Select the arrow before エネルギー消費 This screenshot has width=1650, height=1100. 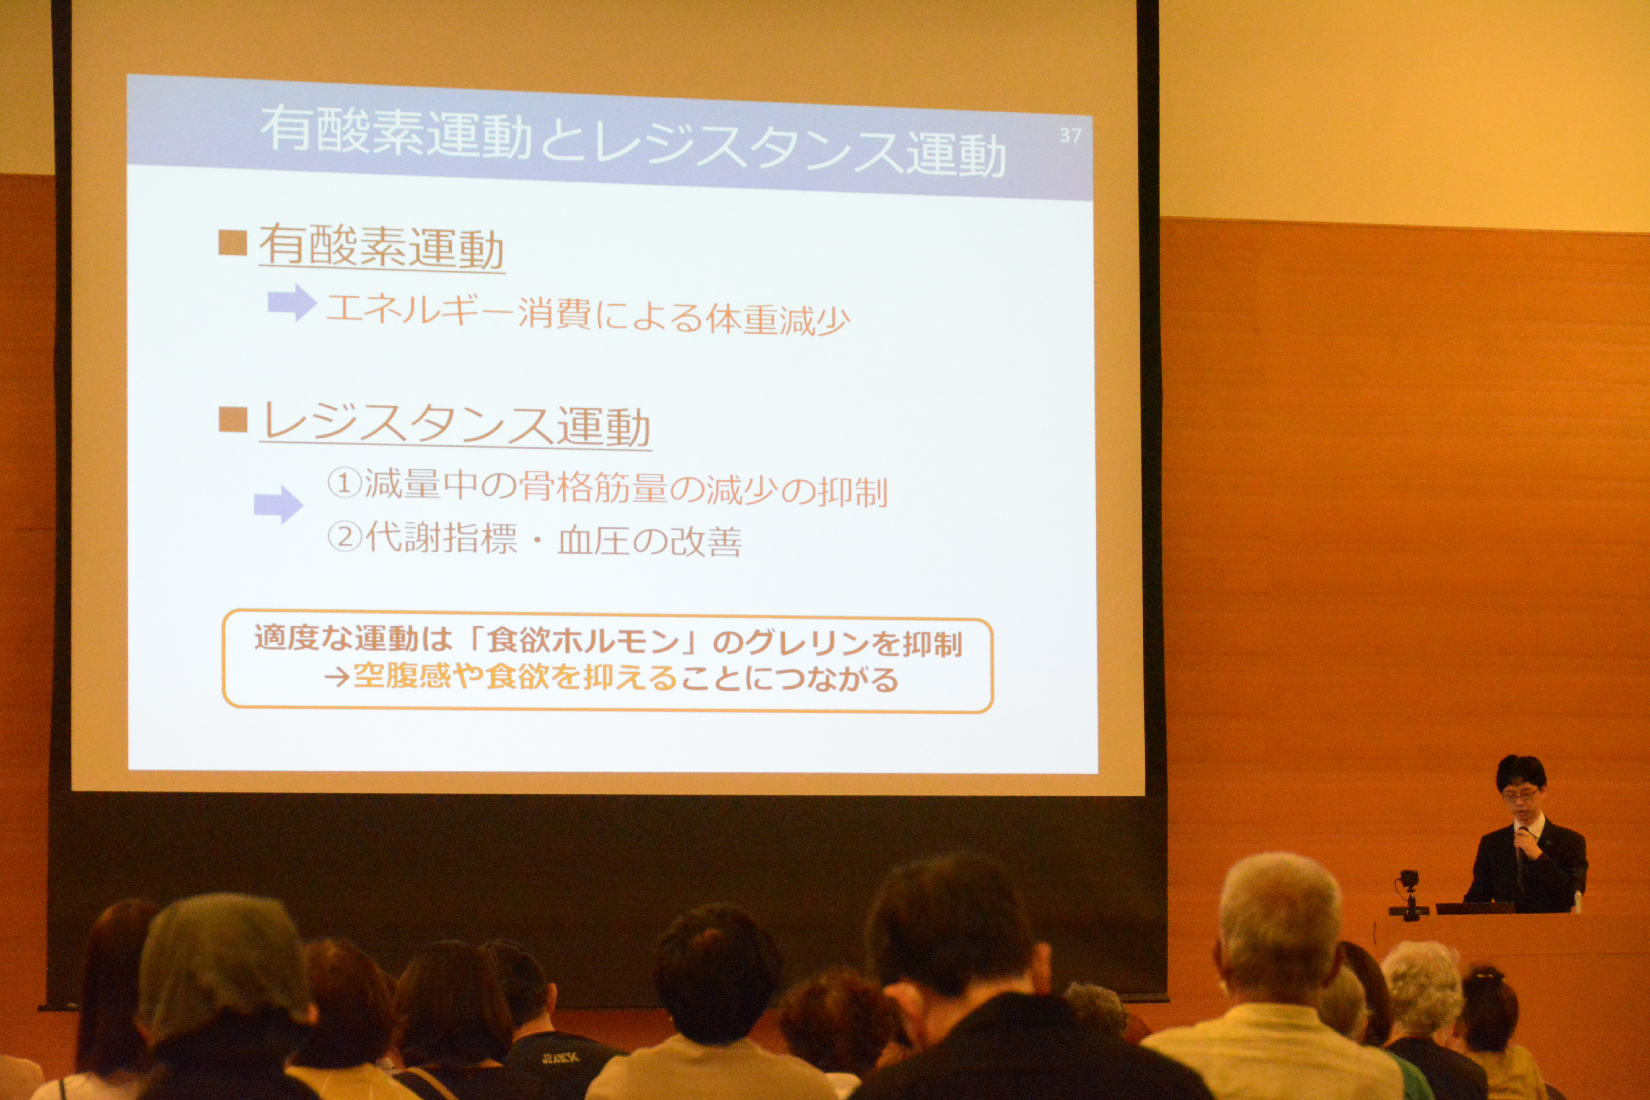292,302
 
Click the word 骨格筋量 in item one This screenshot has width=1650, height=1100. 593,488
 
